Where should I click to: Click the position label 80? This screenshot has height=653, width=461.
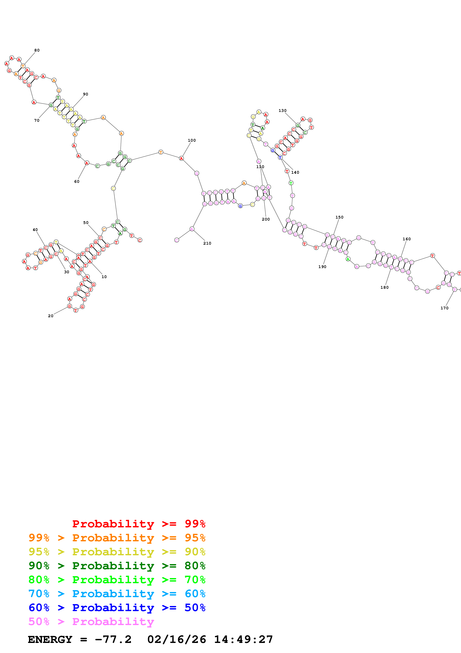tap(37, 50)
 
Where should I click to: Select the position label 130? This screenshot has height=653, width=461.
tap(282, 111)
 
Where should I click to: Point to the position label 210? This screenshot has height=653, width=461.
tap(207, 243)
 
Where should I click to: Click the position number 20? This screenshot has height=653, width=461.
tap(51, 316)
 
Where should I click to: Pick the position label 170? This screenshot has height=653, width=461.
tap(444, 308)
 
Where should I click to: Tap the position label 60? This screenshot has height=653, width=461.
tap(77, 181)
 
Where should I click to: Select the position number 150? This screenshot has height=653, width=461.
tap(339, 217)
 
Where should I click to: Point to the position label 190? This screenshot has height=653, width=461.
tap(322, 267)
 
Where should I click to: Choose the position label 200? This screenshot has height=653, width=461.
tap(266, 219)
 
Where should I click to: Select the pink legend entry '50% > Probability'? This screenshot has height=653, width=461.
tap(91, 621)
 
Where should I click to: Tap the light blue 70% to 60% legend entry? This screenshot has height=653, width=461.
tap(117, 594)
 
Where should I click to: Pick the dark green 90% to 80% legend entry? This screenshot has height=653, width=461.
tap(117, 566)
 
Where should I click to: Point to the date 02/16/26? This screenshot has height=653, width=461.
tap(176, 639)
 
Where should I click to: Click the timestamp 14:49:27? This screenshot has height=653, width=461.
tap(243, 639)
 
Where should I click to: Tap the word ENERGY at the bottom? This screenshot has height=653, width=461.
tap(50, 639)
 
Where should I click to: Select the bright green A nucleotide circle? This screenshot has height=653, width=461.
tap(348, 259)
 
